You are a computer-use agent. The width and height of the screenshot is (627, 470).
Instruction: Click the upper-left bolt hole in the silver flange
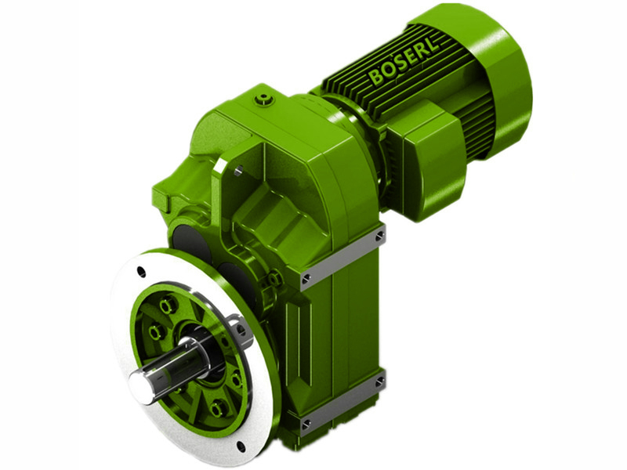click(141, 272)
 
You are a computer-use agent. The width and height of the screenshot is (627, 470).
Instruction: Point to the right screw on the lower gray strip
click(380, 381)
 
